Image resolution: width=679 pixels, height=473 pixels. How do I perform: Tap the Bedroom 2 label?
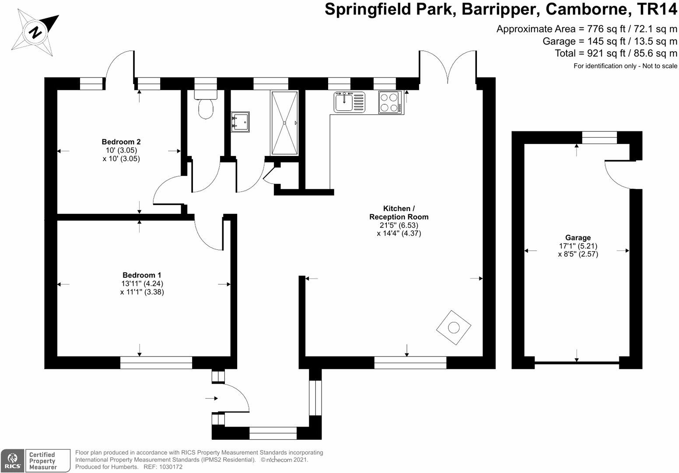click(121, 142)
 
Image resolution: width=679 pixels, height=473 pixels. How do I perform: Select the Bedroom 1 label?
click(139, 275)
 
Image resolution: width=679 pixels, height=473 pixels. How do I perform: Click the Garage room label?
click(577, 238)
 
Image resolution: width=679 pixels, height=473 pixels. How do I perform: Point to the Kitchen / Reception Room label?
click(399, 212)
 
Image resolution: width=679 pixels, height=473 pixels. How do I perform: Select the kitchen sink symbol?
click(349, 102)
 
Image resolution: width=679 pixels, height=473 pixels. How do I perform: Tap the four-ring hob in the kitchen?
click(389, 102)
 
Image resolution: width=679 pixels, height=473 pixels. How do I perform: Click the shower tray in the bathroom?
click(284, 123)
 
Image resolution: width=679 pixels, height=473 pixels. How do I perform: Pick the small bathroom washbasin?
click(240, 122)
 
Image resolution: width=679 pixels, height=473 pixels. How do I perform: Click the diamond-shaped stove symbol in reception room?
click(454, 328)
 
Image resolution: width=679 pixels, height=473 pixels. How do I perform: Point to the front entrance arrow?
click(211, 398)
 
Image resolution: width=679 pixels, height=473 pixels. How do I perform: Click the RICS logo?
click(12, 461)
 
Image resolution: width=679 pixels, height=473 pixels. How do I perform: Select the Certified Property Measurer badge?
click(47, 461)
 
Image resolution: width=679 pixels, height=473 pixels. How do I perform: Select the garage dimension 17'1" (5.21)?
click(577, 246)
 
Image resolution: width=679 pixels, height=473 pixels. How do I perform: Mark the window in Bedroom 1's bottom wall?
click(156, 363)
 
